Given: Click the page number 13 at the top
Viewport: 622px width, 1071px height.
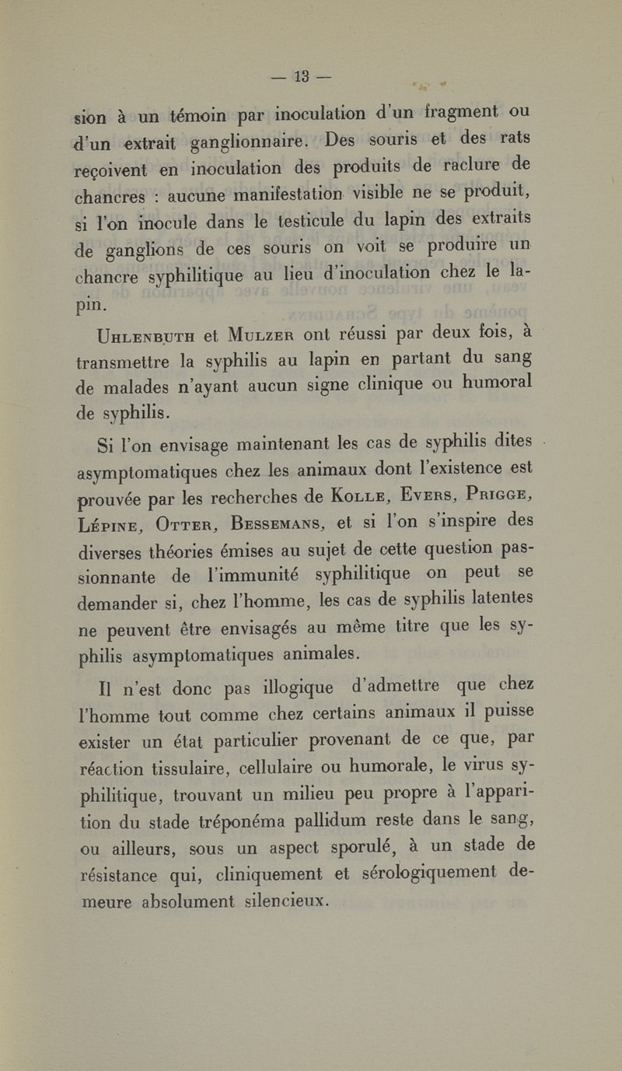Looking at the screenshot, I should point(302,76).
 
